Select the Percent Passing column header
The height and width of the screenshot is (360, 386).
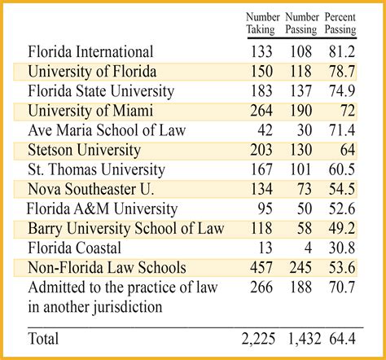[340, 23]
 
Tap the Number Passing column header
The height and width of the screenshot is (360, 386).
[301, 23]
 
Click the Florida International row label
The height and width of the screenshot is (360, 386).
[90, 52]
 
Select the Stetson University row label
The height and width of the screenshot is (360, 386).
[84, 150]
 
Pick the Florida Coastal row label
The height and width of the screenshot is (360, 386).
[75, 248]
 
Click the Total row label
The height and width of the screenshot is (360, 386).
[46, 337]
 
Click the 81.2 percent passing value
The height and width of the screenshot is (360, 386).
[340, 52]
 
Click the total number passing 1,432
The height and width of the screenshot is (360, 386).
[303, 337]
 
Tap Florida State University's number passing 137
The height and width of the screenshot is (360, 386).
[303, 91]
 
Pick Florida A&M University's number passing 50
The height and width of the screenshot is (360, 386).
[307, 209]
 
